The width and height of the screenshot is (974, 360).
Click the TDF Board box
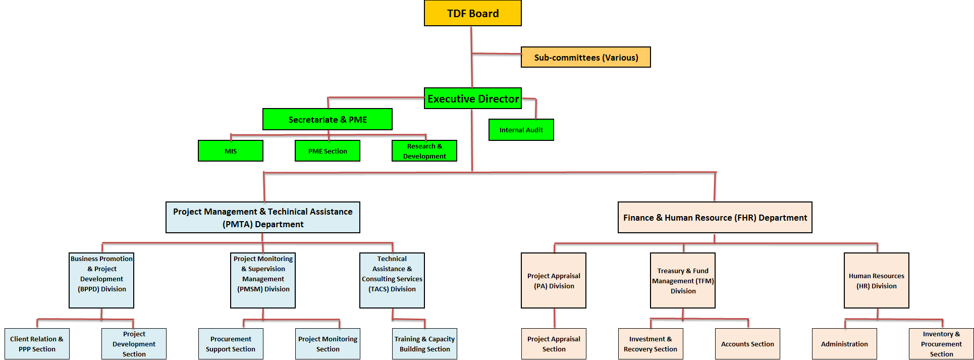tap(472, 13)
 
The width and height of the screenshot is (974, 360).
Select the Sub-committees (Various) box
tap(585, 57)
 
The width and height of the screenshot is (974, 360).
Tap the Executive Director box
tap(473, 98)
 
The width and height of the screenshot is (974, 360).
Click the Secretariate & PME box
tap(327, 119)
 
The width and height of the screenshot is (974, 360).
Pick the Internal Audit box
tap(521, 130)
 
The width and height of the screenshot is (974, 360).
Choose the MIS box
tap(230, 151)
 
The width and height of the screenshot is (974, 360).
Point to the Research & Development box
tap(424, 151)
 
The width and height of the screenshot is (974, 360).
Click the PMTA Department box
tap(262, 218)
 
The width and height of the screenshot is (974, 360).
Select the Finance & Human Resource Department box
tap(715, 218)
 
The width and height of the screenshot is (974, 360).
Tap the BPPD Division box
tap(101, 280)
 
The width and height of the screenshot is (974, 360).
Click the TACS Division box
tap(392, 280)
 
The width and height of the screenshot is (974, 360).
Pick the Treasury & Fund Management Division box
tap(682, 280)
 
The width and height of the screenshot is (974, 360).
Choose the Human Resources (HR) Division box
tap(876, 280)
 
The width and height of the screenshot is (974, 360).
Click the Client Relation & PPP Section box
tap(37, 344)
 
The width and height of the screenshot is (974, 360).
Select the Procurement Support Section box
tap(231, 344)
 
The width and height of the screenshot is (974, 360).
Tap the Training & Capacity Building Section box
tap(424, 344)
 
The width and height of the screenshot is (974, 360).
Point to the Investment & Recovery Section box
tap(650, 344)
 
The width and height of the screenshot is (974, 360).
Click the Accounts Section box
tap(747, 344)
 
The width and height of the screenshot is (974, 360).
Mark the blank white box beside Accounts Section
tap(796, 344)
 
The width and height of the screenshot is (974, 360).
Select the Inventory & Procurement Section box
tap(941, 344)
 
